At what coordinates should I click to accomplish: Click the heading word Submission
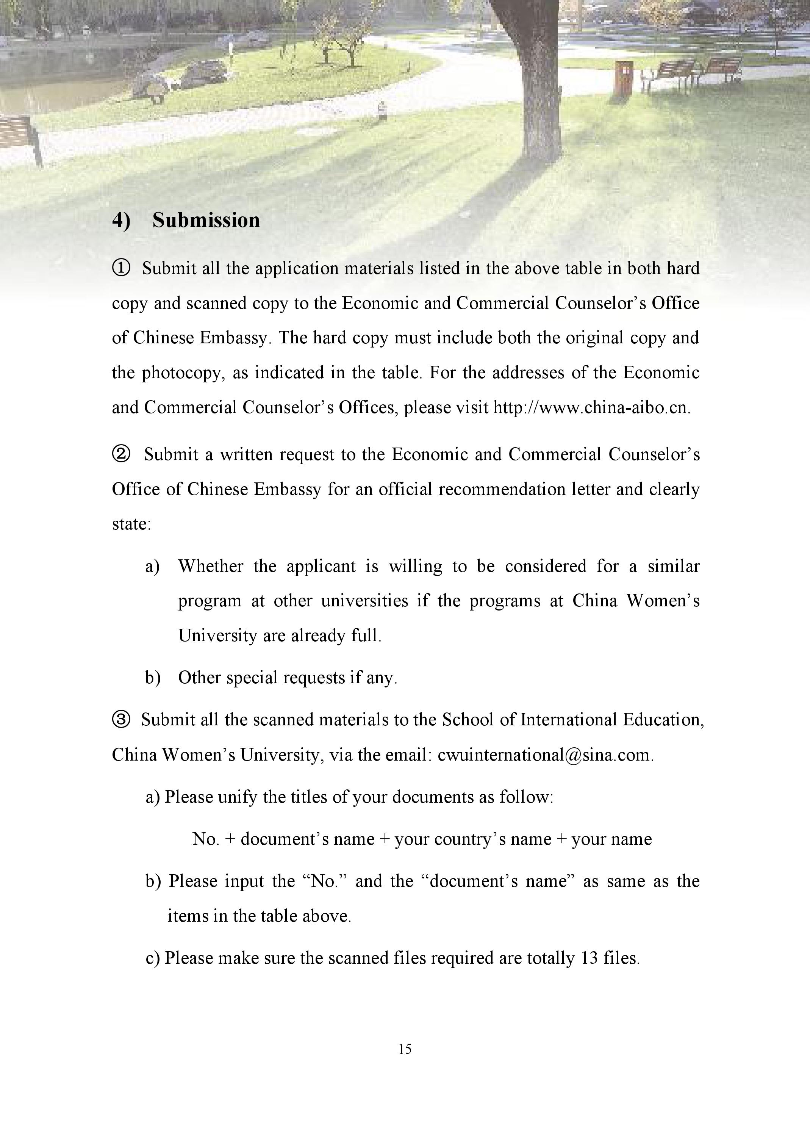pos(206,220)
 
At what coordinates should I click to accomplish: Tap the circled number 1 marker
pos(121,268)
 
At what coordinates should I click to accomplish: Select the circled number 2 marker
pos(121,454)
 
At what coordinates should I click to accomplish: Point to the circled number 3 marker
pos(121,719)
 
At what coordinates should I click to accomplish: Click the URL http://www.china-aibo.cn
pos(591,407)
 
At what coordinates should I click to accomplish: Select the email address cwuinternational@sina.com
pos(545,754)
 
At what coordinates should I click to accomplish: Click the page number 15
pos(405,1049)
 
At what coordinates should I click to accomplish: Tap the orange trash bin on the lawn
pos(623,77)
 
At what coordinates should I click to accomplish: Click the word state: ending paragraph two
pos(131,524)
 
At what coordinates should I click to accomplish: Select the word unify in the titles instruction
pos(238,797)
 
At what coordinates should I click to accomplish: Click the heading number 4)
pos(121,220)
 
